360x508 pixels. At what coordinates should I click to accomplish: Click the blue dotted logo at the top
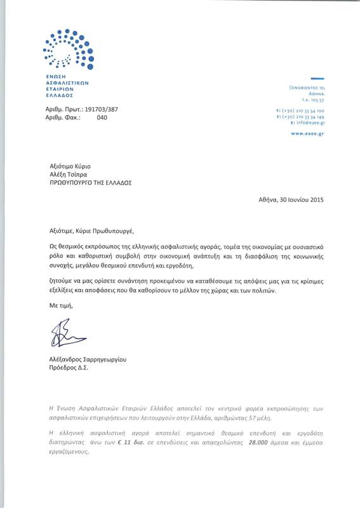pyautogui.click(x=68, y=49)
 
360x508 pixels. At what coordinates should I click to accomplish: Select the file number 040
pyautogui.click(x=102, y=117)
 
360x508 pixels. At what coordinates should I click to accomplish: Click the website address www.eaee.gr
pyautogui.click(x=308, y=134)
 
